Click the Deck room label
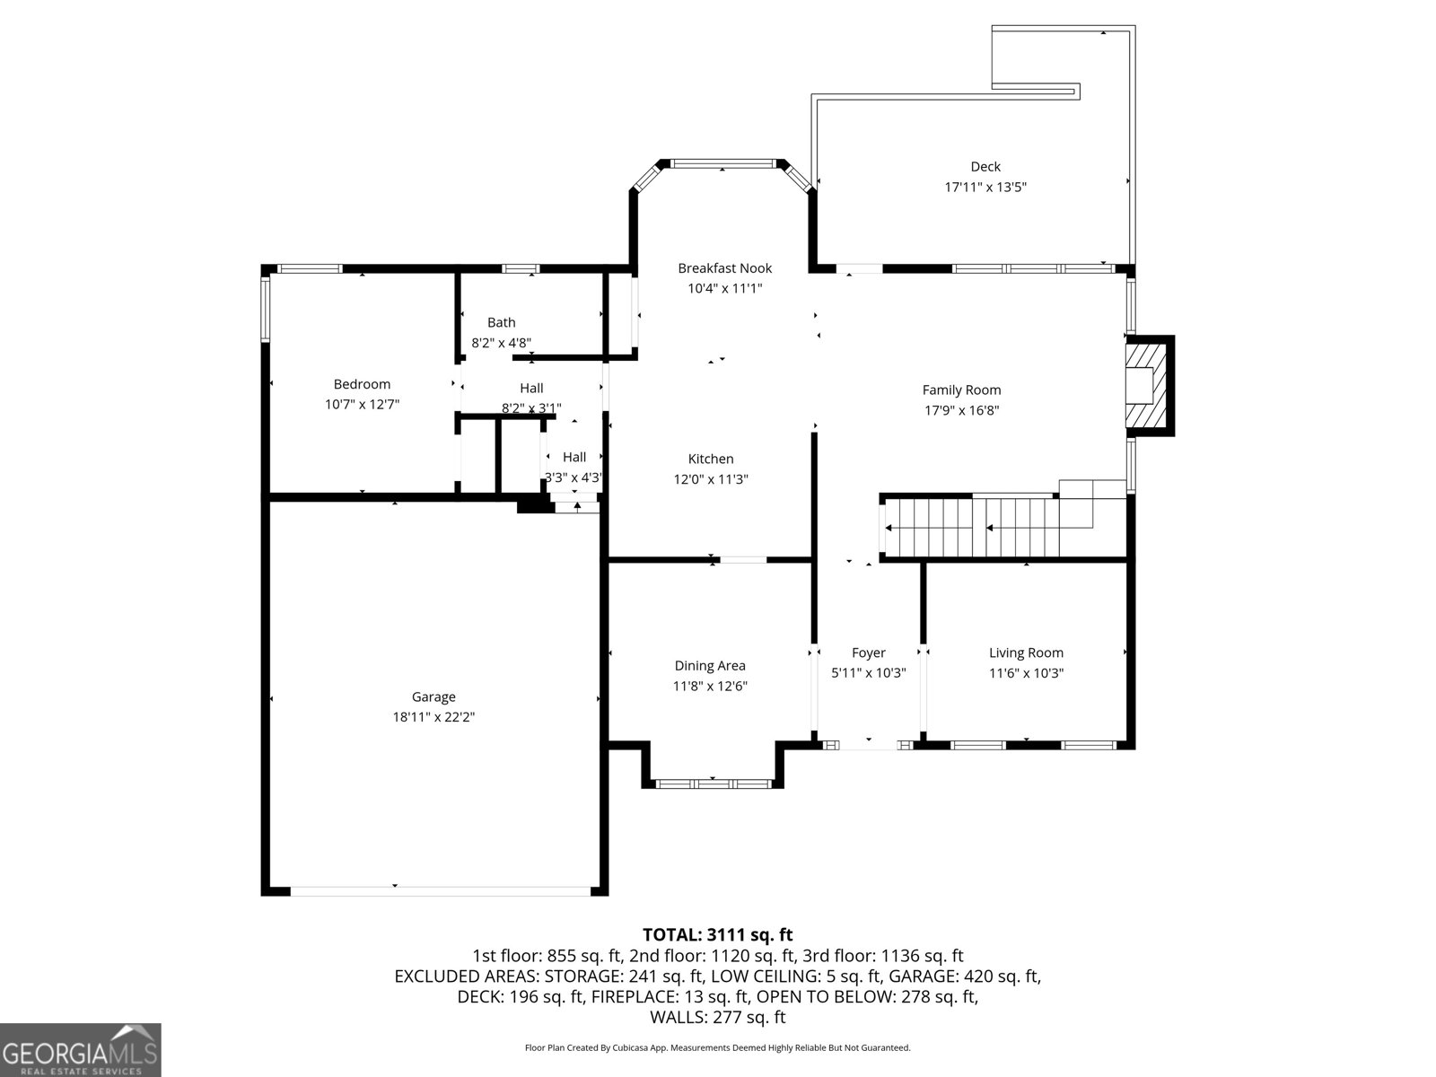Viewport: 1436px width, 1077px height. coord(985,167)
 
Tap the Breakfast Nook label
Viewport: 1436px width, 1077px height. coord(725,268)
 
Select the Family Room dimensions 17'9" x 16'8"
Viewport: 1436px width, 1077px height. coord(962,410)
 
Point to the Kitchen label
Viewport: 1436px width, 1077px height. coord(711,459)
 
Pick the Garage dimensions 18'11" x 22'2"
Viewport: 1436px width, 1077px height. coord(433,717)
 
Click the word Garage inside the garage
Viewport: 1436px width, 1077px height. coord(433,697)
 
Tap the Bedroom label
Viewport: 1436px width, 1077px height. coord(362,384)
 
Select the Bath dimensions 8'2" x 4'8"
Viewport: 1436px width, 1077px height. coord(501,342)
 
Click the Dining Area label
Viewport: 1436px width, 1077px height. coord(710,666)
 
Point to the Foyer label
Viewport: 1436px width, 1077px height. coord(868,652)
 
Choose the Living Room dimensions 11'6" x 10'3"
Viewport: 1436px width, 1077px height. coord(1026,673)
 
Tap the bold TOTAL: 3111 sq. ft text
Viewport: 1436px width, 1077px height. coord(718,934)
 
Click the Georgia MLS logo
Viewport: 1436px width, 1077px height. coord(81,1049)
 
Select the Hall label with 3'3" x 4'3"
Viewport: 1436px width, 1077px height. coord(574,457)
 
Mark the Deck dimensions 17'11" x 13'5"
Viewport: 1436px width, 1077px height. coord(985,187)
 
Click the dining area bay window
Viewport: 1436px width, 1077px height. coord(713,784)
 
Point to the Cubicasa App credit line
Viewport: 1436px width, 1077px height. coord(718,1047)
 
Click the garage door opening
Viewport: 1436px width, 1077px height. coord(441,890)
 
